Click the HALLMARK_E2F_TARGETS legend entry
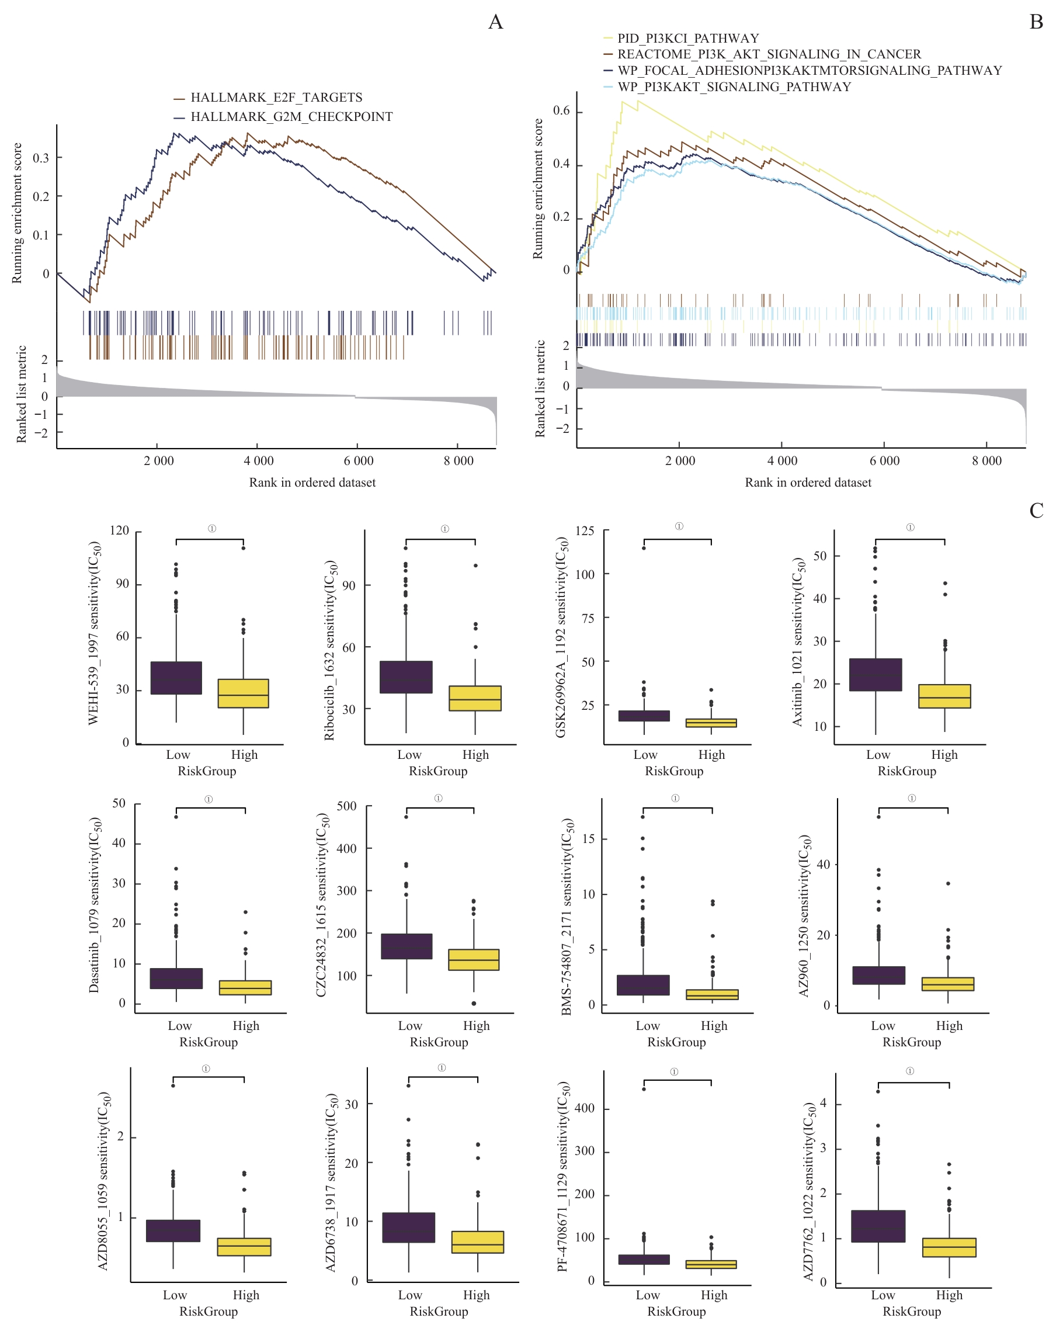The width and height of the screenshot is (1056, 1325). (276, 98)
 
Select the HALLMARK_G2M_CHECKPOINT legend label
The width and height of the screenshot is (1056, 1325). (291, 117)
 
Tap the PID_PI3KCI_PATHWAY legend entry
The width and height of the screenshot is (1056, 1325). (687, 38)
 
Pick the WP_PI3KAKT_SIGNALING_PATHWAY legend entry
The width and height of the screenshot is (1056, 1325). (734, 86)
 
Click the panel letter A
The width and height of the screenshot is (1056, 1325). (495, 22)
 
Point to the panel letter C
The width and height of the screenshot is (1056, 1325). (1036, 511)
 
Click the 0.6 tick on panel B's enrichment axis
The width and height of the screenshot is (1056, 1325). (561, 110)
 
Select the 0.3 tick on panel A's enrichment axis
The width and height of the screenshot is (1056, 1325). (41, 158)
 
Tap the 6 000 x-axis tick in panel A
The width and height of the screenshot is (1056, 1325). (358, 461)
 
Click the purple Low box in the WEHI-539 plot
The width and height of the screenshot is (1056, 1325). (176, 678)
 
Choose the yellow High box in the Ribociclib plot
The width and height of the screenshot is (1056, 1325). (475, 698)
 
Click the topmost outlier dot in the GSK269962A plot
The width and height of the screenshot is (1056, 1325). (644, 547)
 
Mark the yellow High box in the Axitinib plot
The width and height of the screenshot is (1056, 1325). (945, 696)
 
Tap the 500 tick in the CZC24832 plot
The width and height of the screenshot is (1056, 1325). (346, 806)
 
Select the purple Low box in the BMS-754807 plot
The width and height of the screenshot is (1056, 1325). (643, 984)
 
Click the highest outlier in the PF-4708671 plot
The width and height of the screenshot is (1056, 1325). (644, 1089)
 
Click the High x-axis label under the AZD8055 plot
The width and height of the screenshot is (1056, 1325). (246, 1295)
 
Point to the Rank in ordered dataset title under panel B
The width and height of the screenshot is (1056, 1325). (808, 483)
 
